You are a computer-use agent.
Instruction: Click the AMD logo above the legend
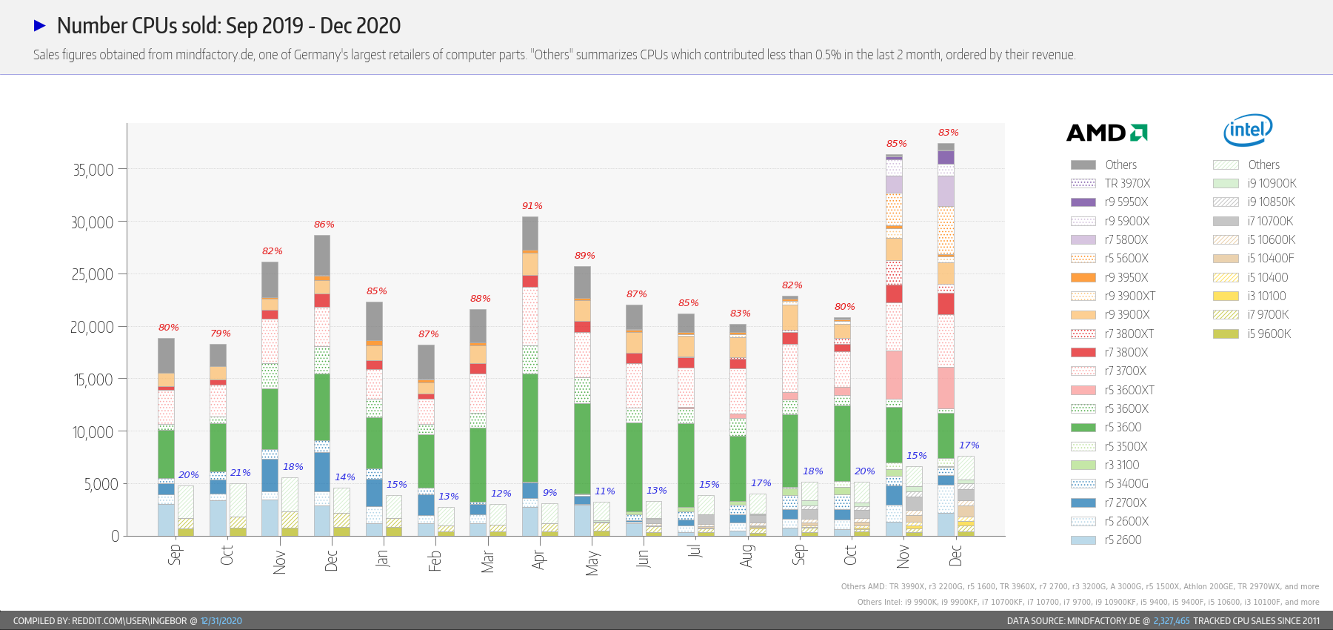(1106, 133)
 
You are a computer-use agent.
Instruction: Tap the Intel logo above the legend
(1248, 130)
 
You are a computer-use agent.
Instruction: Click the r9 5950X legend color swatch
(1083, 202)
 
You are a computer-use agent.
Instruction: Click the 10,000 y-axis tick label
(93, 432)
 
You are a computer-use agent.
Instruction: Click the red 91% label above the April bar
(532, 206)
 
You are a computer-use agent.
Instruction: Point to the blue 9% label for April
(549, 493)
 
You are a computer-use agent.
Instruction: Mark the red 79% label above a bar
(220, 334)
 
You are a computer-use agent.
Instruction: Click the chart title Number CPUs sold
(228, 26)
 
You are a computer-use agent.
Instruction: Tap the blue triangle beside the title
(40, 26)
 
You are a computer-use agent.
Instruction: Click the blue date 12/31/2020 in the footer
(221, 621)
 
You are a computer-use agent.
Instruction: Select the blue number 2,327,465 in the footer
(1171, 621)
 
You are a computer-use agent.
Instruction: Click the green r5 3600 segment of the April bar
(530, 428)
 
